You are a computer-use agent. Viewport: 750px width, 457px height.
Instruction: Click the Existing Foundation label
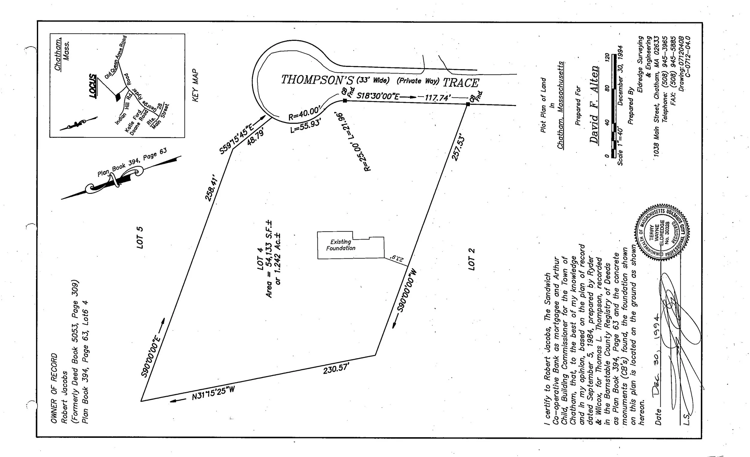pos(340,245)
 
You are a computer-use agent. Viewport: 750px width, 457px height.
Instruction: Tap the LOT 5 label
pos(140,238)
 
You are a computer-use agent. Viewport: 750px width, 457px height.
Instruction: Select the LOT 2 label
pos(471,259)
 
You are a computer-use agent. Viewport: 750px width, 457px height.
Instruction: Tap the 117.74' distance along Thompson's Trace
pos(438,98)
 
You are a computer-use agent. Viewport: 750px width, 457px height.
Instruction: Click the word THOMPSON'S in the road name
pos(317,80)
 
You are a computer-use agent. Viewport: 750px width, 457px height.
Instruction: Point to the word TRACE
pos(461,83)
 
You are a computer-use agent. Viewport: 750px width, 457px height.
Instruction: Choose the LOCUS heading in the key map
pos(93,86)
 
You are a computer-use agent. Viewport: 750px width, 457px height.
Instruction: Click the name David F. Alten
pos(594,105)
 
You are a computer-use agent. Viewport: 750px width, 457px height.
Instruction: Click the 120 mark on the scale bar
pos(607,57)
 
